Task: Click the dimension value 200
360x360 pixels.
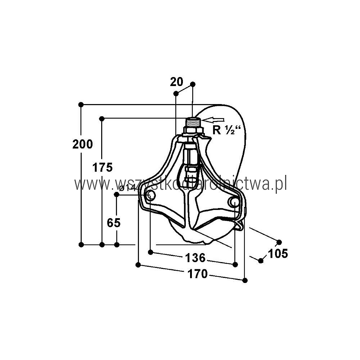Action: (83, 144)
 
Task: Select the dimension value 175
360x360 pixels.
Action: (102, 167)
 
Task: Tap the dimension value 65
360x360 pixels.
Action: (114, 223)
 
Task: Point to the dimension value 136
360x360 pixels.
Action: (195, 258)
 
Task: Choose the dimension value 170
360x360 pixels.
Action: (198, 274)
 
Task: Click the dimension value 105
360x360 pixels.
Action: (278, 254)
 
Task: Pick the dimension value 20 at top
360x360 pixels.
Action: (176, 82)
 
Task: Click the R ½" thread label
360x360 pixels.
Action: (226, 130)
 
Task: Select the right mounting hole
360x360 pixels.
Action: (234, 202)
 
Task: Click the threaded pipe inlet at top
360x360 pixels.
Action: (193, 122)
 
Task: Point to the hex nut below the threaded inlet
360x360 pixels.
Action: (194, 131)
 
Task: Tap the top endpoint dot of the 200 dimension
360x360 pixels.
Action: (81, 105)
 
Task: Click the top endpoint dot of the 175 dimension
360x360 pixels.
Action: (102, 119)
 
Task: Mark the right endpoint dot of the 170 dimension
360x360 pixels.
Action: (245, 280)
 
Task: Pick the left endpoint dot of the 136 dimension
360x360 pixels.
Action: (150, 252)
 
